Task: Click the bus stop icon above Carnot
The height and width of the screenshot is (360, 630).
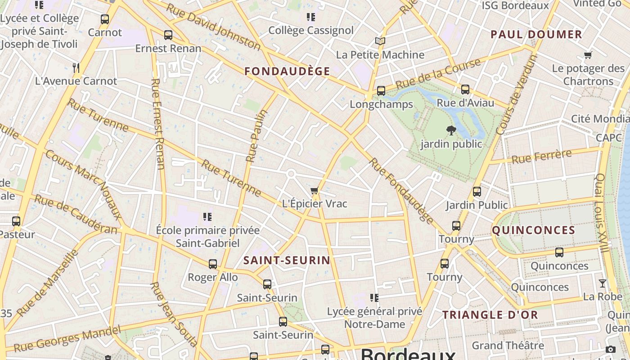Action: click(105, 19)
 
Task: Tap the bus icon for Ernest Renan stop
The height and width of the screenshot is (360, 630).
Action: click(168, 35)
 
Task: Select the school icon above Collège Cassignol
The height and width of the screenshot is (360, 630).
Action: click(310, 18)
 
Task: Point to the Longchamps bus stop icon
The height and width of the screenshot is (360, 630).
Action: click(381, 91)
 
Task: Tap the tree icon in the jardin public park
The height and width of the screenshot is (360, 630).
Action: click(451, 131)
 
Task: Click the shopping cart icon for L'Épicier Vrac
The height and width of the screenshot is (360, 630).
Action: click(315, 191)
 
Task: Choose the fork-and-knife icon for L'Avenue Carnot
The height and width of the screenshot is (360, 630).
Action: click(76, 68)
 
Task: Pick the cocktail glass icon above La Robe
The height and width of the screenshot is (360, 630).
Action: click(603, 283)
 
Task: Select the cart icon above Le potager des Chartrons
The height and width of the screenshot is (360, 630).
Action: click(588, 55)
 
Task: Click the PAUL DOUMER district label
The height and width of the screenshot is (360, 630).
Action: click(536, 35)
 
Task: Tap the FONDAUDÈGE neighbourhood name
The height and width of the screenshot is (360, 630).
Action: click(287, 71)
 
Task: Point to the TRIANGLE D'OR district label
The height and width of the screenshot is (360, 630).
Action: click(490, 315)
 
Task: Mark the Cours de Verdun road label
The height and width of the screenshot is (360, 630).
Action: click(517, 95)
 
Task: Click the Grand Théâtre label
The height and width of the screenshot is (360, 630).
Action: click(508, 346)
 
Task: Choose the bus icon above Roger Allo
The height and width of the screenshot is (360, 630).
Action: click(213, 264)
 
